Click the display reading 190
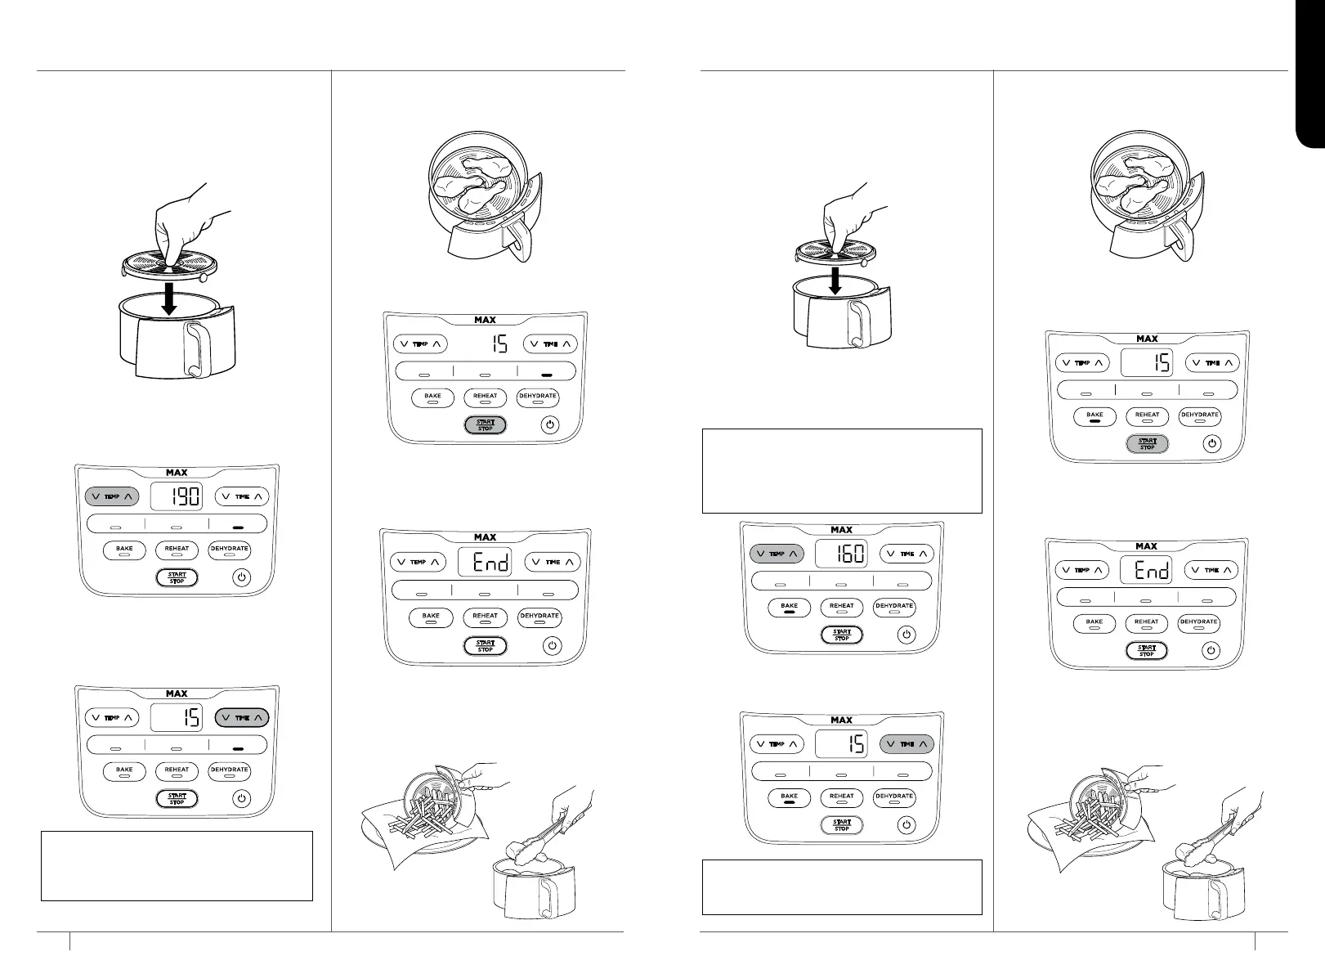click(177, 496)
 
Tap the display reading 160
click(841, 554)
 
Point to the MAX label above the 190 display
click(177, 473)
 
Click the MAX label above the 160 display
click(841, 530)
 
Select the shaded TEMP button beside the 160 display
click(777, 554)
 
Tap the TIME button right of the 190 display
click(242, 496)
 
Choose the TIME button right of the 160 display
click(906, 554)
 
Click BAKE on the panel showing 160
click(789, 607)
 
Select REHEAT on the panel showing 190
click(177, 550)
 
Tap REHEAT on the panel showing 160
click(841, 607)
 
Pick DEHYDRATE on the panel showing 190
click(229, 550)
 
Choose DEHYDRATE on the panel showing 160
click(894, 607)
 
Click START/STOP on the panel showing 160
click(842, 635)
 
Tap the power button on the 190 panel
click(241, 577)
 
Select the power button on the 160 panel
click(906, 635)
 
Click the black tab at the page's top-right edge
click(1311, 74)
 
